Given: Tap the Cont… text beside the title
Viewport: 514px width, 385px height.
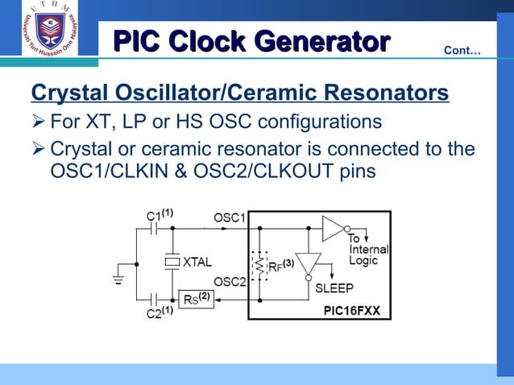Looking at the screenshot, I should pyautogui.click(x=462, y=52).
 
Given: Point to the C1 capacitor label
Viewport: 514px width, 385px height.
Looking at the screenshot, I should pyautogui.click(x=160, y=216).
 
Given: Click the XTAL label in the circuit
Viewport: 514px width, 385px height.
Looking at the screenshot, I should pyautogui.click(x=197, y=262).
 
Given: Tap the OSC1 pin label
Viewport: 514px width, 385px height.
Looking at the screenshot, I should pyautogui.click(x=230, y=217).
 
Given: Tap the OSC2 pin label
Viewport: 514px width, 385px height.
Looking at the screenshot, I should pyautogui.click(x=230, y=280).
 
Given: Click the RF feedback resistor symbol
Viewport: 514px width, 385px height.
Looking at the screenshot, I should pyautogui.click(x=259, y=264).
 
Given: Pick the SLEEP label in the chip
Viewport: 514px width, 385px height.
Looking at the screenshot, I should pyautogui.click(x=334, y=288).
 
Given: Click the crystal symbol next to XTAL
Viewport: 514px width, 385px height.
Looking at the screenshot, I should pyautogui.click(x=172, y=261).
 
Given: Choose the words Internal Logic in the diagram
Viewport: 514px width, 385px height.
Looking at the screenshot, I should pyautogui.click(x=368, y=255).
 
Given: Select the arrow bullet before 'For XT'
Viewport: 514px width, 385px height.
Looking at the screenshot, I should pyautogui.click(x=38, y=123).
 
